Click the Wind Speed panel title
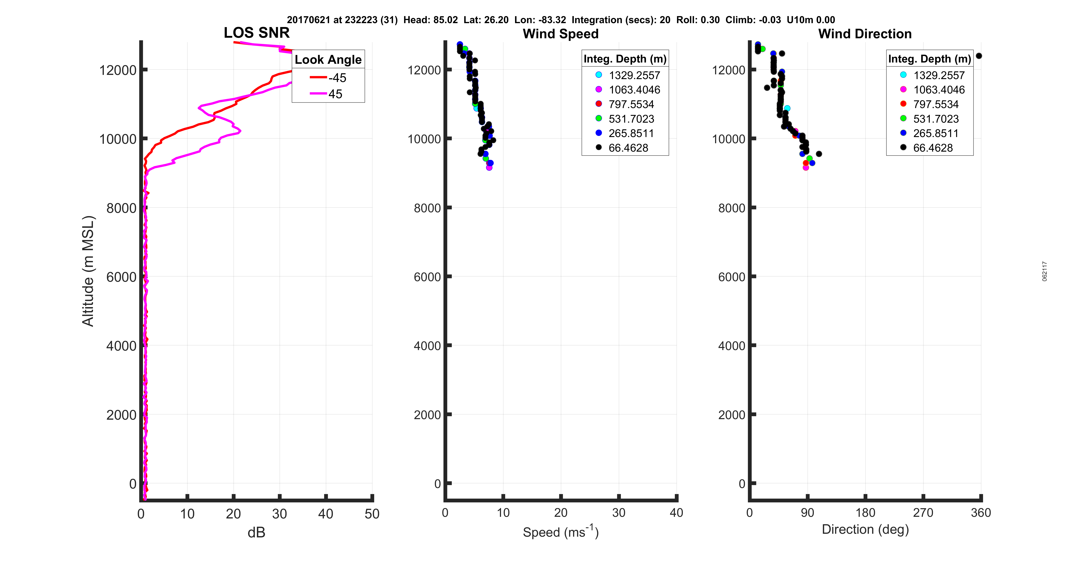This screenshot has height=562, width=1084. [x=561, y=34]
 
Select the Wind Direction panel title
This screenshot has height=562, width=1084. [x=865, y=34]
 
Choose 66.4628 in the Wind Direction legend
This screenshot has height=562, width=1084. [x=932, y=148]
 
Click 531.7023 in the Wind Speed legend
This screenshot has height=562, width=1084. [x=631, y=119]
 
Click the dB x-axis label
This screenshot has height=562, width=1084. [x=256, y=532]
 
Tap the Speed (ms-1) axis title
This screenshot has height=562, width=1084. [x=561, y=532]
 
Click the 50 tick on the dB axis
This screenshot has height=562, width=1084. [x=372, y=514]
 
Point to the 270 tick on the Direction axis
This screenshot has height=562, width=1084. [x=923, y=513]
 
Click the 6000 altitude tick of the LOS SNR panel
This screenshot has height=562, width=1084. [x=121, y=277]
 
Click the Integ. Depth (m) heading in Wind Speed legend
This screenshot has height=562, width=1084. [x=625, y=59]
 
